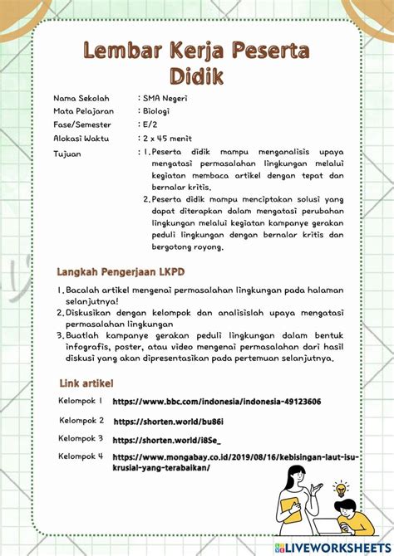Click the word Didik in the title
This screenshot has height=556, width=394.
(197, 76)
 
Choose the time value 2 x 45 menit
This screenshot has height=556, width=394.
(173, 139)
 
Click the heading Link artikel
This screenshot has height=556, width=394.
(86, 383)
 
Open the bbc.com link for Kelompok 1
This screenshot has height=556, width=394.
(216, 402)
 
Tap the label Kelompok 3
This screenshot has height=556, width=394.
(81, 437)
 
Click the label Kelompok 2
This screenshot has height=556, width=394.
(81, 421)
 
